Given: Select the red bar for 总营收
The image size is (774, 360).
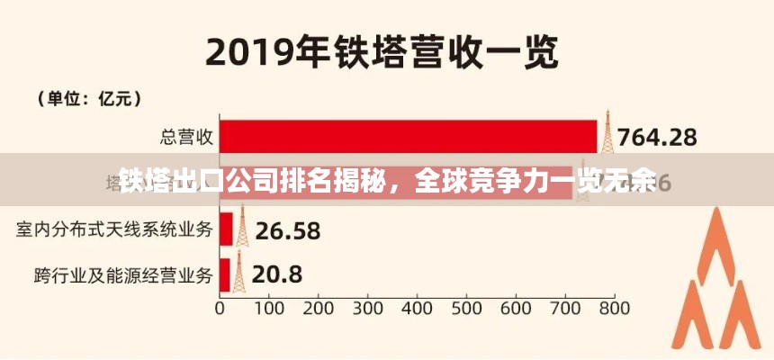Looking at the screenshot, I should pos(408,137).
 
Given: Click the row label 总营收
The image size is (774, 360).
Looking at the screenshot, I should pos(186,137).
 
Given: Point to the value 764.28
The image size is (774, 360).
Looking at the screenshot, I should pos(660,138).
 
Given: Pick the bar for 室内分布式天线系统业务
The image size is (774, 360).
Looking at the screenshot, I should pos(226,229).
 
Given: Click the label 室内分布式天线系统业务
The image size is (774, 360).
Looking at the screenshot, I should pos(114,229).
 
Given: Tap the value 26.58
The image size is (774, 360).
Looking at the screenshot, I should pos(288,230).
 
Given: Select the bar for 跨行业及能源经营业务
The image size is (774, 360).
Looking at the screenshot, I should pos(224,274).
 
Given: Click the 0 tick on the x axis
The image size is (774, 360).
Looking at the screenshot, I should pos(220,308).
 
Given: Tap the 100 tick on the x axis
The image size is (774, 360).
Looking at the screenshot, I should pos(269,308).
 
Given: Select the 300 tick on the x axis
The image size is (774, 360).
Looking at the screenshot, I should pos(367,308).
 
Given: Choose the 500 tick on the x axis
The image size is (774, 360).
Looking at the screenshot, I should pos(466,308).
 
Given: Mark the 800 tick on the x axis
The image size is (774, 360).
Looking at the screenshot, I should pos(613,308).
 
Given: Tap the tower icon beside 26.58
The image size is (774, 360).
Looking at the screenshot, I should pos(243,226).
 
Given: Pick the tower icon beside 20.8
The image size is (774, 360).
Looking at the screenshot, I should pos(238,271).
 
